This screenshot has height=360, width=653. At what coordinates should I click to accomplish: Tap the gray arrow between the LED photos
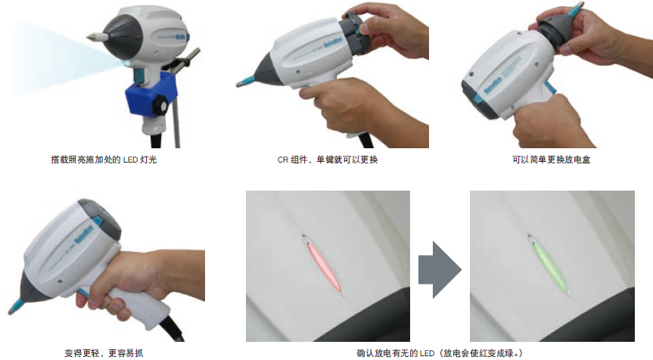pos(440,270)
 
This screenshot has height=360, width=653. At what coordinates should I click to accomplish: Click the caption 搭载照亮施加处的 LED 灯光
pos(104,160)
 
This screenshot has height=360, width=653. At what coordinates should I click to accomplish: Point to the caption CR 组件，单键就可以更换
pos(328,160)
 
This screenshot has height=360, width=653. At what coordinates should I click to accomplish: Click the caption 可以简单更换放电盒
pos(551,160)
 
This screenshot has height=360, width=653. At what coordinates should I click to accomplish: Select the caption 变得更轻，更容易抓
pos(104,353)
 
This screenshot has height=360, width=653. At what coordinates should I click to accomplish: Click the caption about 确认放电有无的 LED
pos(440,353)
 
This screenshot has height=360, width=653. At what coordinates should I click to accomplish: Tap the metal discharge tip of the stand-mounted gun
pos(94,37)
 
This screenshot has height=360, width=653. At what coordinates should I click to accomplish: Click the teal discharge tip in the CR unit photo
pos(245,82)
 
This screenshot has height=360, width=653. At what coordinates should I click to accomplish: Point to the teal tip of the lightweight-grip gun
pos(16,306)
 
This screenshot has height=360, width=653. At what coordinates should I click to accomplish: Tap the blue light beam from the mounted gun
pos(63,58)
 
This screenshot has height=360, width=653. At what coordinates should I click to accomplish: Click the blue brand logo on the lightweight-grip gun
pos(84,235)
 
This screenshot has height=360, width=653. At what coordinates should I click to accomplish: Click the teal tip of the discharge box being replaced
pos(575,10)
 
